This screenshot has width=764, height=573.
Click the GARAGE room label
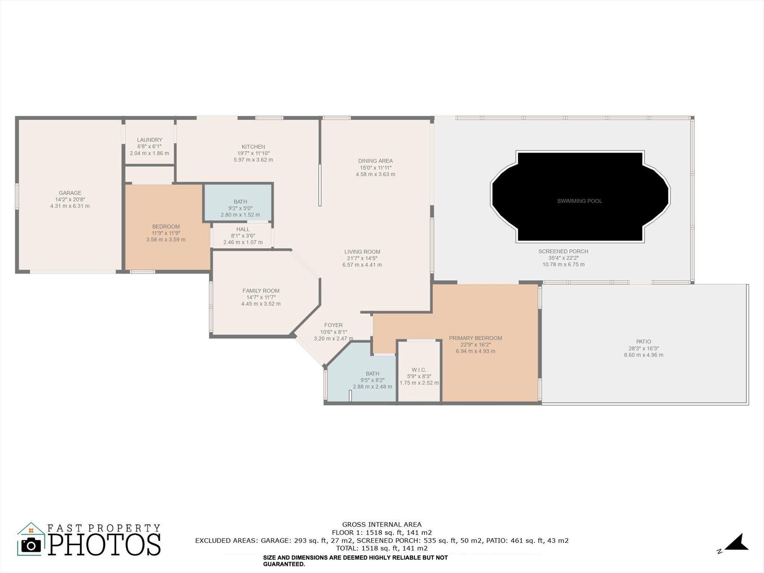70,193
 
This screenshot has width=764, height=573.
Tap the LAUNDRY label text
149,140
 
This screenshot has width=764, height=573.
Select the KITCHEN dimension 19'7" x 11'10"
253,153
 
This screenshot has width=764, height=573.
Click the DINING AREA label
375,161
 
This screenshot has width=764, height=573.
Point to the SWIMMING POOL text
579,201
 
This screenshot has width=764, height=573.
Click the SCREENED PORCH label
563,251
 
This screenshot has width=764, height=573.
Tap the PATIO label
644,341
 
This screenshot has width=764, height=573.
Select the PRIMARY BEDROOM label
475,338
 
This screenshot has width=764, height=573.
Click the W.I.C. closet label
419,370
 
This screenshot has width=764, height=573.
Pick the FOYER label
333,325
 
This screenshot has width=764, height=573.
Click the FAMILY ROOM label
261,291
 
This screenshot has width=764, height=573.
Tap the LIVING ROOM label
362,252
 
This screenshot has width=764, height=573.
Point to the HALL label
243,229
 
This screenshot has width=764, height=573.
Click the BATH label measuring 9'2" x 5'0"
240,202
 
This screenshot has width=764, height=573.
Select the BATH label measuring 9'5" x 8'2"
372,373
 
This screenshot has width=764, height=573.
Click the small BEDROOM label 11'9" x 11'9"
166,226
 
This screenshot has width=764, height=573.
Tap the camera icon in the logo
31,545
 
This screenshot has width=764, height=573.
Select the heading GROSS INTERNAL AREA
382,525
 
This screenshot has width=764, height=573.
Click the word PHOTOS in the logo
104,545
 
